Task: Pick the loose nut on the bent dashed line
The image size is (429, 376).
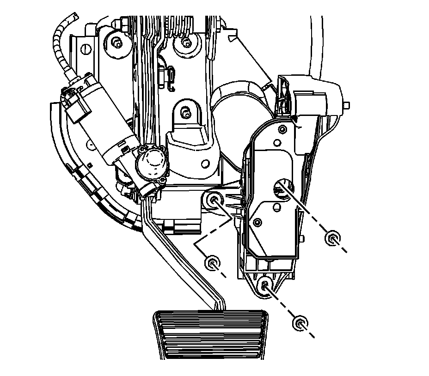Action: tap(212, 263)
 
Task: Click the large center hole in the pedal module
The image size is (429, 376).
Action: tap(280, 187)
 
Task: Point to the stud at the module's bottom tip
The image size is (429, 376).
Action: tap(265, 285)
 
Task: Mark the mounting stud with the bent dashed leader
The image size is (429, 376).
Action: tap(214, 200)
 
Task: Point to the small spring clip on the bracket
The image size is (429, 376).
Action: tap(171, 76)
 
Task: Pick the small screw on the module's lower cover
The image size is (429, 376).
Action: tap(257, 223)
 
